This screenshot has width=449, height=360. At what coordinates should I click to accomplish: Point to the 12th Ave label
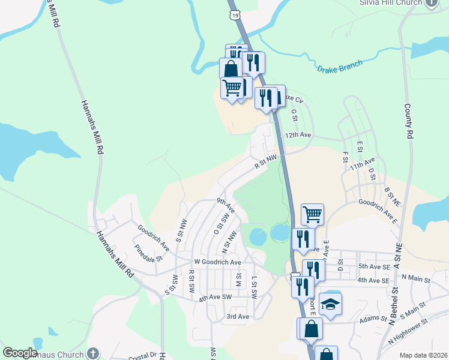coord(298,136)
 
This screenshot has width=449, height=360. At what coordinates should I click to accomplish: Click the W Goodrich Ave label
coord(217,262)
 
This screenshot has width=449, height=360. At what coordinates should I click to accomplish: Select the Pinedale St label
coord(149,253)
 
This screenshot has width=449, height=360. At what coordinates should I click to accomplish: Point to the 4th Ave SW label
coord(215,297)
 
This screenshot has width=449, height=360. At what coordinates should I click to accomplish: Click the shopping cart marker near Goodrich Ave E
coord(312,214)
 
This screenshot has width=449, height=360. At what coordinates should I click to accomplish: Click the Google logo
coord(20,353)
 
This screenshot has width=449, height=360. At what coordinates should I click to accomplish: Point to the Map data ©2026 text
coord(423,355)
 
